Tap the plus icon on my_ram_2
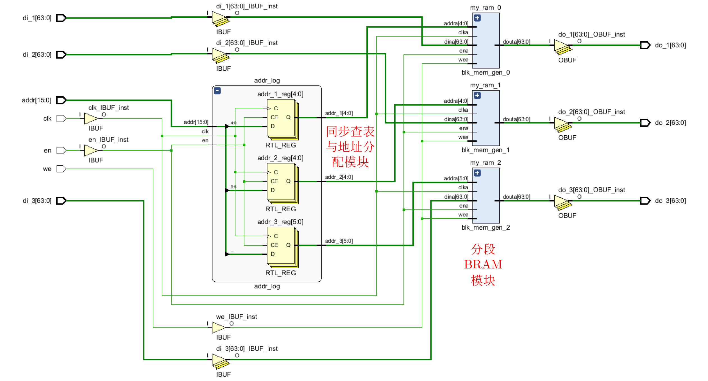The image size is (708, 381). pyautogui.click(x=477, y=173)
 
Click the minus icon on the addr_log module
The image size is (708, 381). pyautogui.click(x=217, y=91)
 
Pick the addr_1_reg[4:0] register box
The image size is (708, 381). pyautogui.click(x=281, y=118)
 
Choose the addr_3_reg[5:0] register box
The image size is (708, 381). pyautogui.click(x=281, y=246)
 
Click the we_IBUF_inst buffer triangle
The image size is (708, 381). pyautogui.click(x=219, y=327)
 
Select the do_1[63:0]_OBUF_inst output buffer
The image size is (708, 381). pyautogui.click(x=562, y=46)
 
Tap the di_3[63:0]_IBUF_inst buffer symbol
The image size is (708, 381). pyautogui.click(x=220, y=360)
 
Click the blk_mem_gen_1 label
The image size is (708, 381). pyautogui.click(x=485, y=150)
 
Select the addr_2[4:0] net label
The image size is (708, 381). pyautogui.click(x=339, y=177)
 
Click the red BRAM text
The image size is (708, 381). pyautogui.click(x=483, y=265)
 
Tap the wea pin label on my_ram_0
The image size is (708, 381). pyautogui.click(x=463, y=60)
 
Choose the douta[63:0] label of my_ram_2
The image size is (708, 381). pyautogui.click(x=516, y=197)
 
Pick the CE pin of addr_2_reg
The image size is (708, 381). pyautogui.click(x=274, y=181)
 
